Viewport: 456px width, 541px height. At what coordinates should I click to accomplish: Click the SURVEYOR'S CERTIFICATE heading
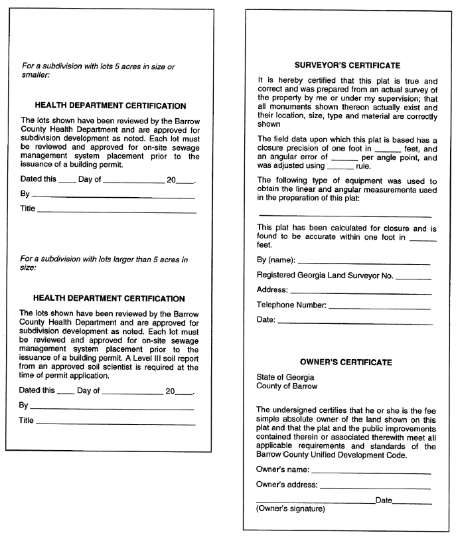pos(347,66)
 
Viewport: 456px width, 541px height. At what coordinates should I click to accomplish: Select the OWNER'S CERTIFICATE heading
pos(346,362)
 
